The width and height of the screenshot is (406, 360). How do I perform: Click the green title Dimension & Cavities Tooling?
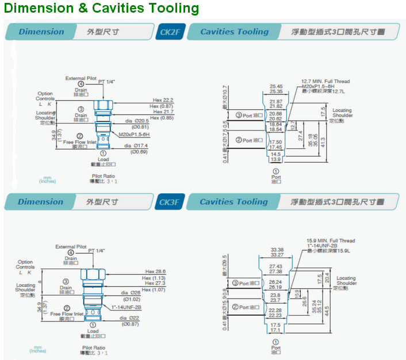point(101,9)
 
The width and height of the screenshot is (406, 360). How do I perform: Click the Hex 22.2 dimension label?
point(163,100)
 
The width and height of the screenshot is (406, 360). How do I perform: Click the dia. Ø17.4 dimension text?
point(137,146)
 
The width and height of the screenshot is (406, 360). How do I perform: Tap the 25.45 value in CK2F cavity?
point(276,86)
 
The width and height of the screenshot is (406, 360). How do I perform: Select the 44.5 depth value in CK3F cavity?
point(326,308)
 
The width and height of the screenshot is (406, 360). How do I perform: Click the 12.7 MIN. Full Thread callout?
point(325,82)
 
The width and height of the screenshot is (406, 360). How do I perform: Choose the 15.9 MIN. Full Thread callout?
point(331,241)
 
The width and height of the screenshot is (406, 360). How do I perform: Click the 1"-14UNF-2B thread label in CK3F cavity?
point(323,246)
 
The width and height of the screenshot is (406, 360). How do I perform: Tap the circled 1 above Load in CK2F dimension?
point(103,154)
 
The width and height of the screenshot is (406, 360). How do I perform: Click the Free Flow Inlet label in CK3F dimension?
point(67,314)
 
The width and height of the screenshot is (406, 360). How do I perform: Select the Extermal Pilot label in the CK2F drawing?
point(81,78)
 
